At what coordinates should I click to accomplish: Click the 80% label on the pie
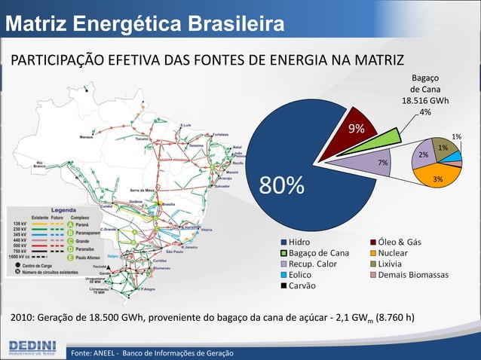(283, 185)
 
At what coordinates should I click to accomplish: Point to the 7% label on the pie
(383, 163)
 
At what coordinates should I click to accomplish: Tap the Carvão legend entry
(299, 286)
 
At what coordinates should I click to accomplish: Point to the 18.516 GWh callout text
(425, 101)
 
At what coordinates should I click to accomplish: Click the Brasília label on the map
(168, 204)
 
